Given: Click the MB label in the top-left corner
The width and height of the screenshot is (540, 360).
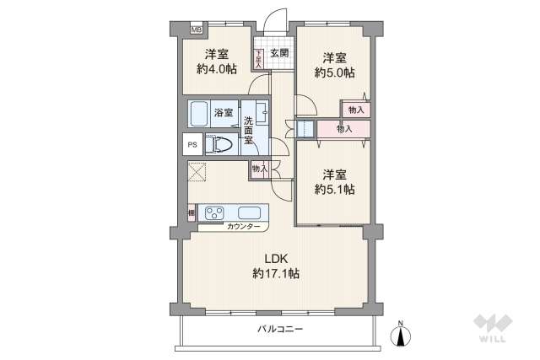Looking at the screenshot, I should point(196,31).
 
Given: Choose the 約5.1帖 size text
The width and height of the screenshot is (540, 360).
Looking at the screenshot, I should point(335,189).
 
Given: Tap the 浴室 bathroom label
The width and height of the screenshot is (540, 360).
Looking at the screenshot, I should point(224,112).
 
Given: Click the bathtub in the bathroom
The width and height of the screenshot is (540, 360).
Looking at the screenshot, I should point(199,113).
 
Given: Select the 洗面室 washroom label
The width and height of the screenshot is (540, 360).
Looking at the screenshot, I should point(249,131).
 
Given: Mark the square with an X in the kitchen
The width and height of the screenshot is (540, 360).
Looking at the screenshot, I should point(198,172).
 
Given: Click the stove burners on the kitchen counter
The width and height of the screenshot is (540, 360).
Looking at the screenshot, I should point(212,212).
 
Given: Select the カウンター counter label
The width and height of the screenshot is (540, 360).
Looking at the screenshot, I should point(243,226).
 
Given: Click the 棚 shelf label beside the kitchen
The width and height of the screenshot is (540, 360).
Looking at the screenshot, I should point(192,213).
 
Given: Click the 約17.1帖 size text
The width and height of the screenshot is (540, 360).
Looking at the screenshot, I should point(275,273).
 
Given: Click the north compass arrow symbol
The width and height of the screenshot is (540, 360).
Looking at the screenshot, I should point(402,335).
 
